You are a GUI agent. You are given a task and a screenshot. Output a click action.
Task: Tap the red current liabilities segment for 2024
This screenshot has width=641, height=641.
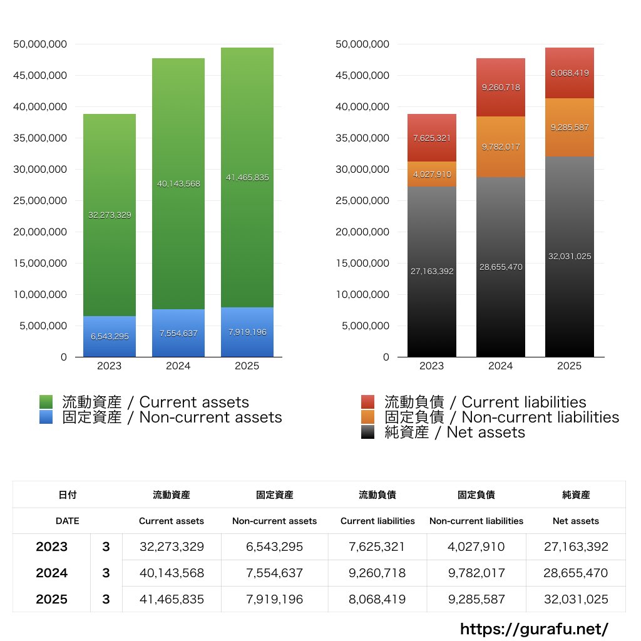coord(501,88)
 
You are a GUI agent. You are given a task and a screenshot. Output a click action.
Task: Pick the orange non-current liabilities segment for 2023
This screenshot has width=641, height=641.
coord(432,174)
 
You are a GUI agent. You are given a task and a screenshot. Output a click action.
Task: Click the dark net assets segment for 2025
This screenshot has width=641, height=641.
coord(570,257)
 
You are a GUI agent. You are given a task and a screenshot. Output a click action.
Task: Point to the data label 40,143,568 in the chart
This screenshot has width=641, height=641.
coord(179,183)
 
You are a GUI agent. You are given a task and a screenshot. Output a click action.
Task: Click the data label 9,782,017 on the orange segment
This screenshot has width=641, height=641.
coord(501,147)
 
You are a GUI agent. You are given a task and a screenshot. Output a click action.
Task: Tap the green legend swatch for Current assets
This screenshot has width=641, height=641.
coord(46,402)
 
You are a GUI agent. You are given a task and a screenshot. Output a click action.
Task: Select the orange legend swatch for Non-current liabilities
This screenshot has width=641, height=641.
coord(368,418)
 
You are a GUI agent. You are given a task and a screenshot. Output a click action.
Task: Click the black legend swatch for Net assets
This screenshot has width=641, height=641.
coord(368,433)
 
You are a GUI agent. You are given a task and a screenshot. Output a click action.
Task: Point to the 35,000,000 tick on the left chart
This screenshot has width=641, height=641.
coord(40,138)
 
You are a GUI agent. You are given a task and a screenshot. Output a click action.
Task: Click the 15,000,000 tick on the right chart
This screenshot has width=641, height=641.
coord(362,263)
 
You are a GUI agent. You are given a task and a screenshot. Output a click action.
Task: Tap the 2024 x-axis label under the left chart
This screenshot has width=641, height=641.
coord(178,366)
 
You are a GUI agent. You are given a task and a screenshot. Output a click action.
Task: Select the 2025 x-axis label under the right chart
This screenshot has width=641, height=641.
coord(570,366)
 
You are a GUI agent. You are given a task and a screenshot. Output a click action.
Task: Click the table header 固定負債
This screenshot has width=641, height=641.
coord(476,495)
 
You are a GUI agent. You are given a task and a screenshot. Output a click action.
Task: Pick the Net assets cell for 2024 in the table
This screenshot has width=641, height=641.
coord(576,573)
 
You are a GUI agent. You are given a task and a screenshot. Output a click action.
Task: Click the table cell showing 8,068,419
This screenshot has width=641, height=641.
coord(377,599)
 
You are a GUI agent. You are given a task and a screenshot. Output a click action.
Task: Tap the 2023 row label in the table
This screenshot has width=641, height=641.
coord(51,546)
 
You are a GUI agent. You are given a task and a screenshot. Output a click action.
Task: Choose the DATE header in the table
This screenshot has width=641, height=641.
coord(67,521)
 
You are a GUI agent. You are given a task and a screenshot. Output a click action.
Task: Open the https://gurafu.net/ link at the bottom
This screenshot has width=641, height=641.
coord(534,628)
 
